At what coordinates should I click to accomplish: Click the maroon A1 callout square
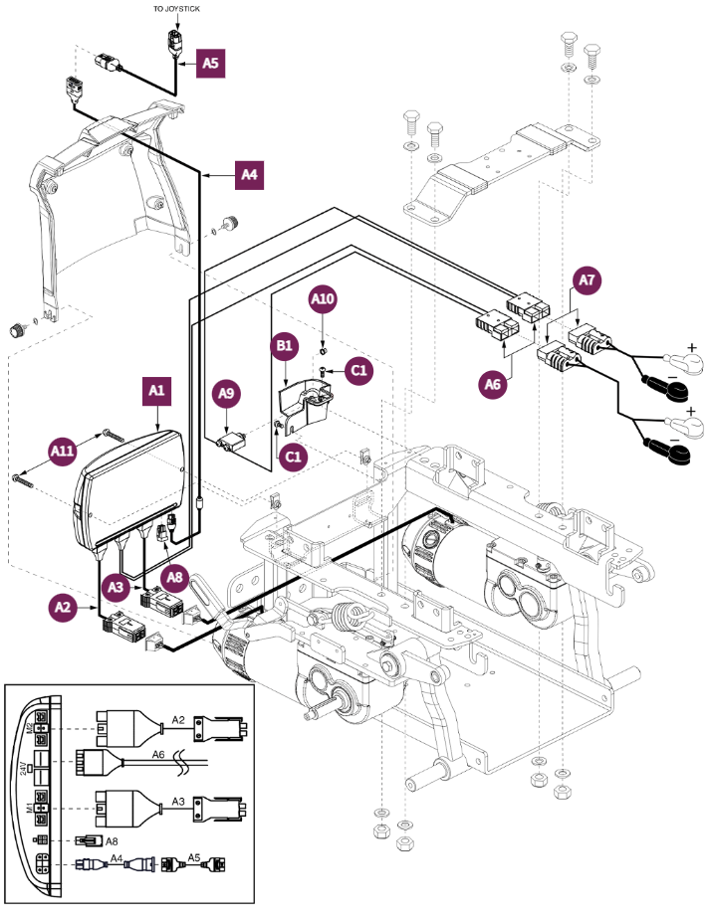click(x=156, y=392)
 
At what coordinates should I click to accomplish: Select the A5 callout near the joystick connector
click(x=210, y=64)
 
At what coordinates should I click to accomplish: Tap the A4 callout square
click(x=250, y=175)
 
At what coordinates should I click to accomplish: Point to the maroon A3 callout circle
click(x=117, y=589)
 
